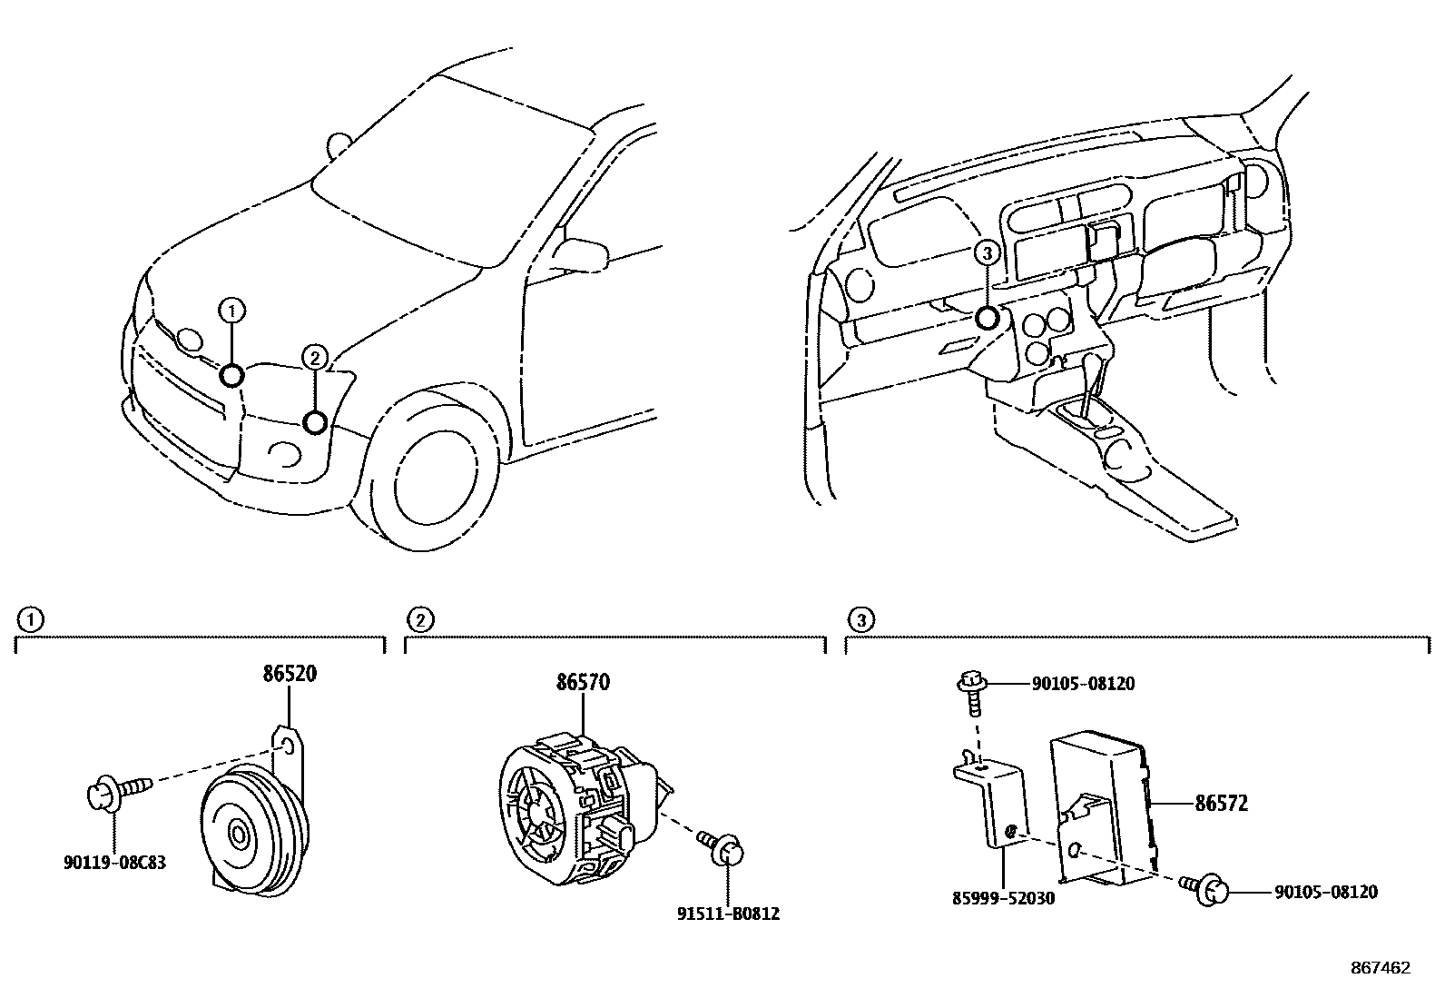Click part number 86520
pyautogui.click(x=290, y=675)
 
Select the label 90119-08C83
pyautogui.click(x=114, y=862)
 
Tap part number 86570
pyautogui.click(x=582, y=683)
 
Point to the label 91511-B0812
pyautogui.click(x=727, y=914)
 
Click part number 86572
pyautogui.click(x=1221, y=804)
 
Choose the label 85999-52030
pyautogui.click(x=1003, y=897)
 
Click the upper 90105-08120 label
pyautogui.click(x=1083, y=684)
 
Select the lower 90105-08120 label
pyautogui.click(x=1325, y=893)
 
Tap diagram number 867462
pyautogui.click(x=1380, y=968)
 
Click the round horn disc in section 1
pyautogui.click(x=241, y=831)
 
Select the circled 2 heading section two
pyautogui.click(x=419, y=620)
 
